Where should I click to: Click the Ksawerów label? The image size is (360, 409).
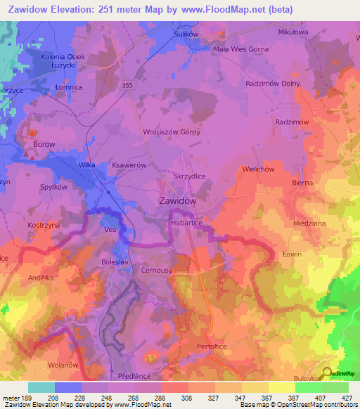pyautogui.click(x=129, y=164)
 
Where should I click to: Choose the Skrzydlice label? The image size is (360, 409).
pyautogui.click(x=189, y=177)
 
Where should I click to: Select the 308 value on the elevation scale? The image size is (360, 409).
pyautogui.click(x=167, y=398)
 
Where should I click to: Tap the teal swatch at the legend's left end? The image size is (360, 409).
pyautogui.click(x=41, y=387)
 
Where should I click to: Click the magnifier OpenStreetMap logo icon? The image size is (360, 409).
pyautogui.click(x=327, y=373)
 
